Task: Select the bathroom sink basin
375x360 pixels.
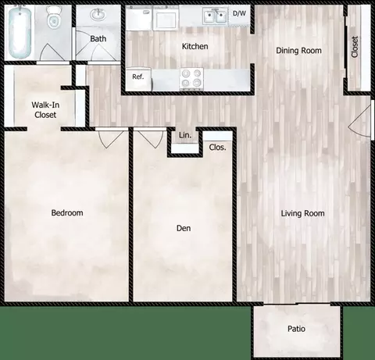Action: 99,16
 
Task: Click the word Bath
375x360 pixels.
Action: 98,37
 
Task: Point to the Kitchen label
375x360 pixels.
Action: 195,47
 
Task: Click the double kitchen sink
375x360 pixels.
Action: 214,16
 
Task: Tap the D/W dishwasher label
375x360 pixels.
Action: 239,13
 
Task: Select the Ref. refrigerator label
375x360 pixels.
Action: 137,77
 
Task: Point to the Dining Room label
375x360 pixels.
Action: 298,51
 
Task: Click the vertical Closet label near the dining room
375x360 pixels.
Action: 355,48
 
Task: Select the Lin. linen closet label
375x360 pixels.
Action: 184,136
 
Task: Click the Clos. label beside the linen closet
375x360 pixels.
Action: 217,146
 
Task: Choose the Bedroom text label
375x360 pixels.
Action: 67,212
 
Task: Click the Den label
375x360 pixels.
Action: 184,228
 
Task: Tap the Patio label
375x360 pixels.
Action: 296,328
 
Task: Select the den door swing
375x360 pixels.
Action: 146,139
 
